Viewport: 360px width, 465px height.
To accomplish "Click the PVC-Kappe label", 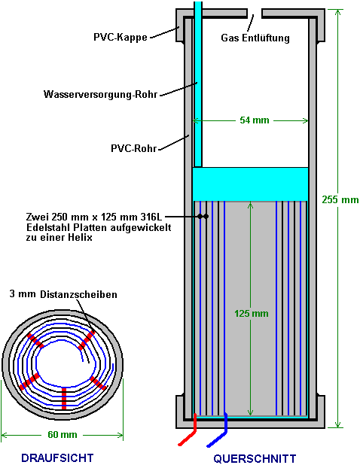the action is tap(121, 38).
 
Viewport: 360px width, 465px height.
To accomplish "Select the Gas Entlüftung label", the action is tap(255, 38).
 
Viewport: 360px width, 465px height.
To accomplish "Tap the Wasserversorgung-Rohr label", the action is tap(100, 94).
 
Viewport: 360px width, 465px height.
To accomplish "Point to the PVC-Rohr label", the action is tap(133, 148).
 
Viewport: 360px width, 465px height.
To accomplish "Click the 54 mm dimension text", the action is tap(255, 120).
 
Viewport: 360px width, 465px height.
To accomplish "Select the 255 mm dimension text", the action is tap(340, 199).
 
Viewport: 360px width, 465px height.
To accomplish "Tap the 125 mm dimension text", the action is tap(252, 314).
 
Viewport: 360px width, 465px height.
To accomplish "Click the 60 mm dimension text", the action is tap(63, 435).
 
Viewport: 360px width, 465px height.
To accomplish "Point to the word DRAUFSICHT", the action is tap(57, 457).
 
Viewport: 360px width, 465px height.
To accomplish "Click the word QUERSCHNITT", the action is tap(255, 458).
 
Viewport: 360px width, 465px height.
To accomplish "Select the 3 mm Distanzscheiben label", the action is tap(63, 294).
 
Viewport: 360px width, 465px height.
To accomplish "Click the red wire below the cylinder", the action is tap(189, 430).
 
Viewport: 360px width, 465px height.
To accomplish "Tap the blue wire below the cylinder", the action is tap(218, 430).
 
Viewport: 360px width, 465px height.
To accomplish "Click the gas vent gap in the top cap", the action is tap(255, 14).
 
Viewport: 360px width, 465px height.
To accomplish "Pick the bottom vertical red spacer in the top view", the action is tap(64, 398).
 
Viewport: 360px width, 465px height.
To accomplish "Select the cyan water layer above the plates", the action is tap(251, 184).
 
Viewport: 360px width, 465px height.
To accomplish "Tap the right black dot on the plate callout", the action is tap(206, 217).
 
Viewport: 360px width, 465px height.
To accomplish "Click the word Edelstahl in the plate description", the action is tap(46, 227).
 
